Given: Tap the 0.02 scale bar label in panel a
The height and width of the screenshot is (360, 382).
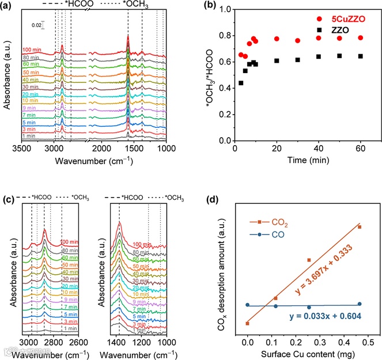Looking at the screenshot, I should pyautogui.click(x=36, y=25).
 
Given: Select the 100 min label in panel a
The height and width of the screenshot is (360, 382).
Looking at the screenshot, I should pyautogui.click(x=32, y=50).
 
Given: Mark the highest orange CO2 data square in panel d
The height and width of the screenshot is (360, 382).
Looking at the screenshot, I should pyautogui.click(x=360, y=227).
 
